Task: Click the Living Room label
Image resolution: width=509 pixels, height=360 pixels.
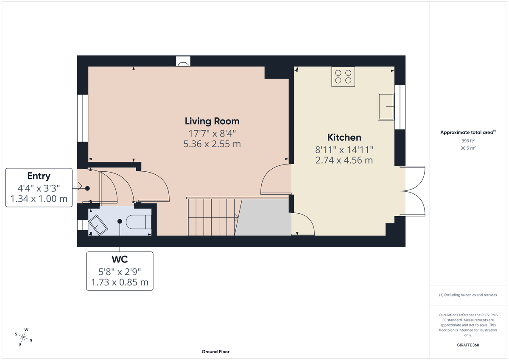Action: point(212,121)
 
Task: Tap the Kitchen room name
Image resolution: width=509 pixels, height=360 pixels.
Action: point(344,137)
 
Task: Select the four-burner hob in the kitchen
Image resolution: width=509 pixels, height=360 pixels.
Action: point(343,77)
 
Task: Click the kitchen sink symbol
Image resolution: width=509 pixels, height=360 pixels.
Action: point(386,106)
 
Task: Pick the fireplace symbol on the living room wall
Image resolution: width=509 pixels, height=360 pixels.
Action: point(183,62)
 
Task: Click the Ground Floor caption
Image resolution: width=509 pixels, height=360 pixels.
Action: point(215,352)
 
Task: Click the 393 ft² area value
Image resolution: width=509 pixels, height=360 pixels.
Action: point(468,140)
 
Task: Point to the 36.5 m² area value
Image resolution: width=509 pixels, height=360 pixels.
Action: point(468,148)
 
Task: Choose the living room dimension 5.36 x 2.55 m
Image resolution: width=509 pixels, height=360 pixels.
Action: point(212,144)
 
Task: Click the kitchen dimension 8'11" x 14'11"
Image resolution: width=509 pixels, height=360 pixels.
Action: point(344,149)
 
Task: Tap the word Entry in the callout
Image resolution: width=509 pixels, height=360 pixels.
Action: point(39,176)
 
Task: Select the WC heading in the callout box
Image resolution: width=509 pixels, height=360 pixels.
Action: point(120,259)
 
